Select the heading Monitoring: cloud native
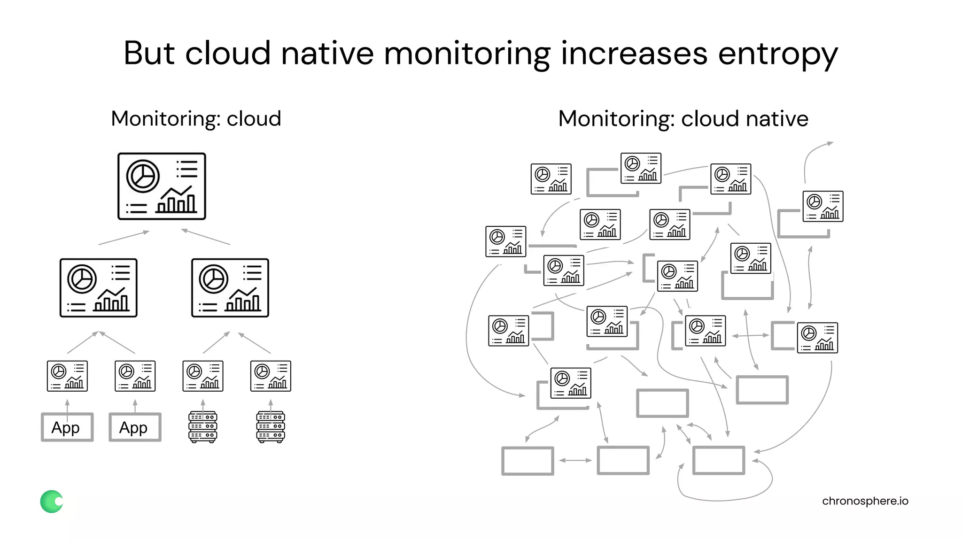click(x=683, y=118)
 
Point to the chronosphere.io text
click(x=865, y=501)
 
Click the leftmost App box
click(x=67, y=427)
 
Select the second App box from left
click(x=135, y=427)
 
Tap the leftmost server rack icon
click(x=202, y=427)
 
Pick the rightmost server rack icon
click(x=271, y=427)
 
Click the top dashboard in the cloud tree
click(x=162, y=186)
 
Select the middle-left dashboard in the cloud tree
click(x=99, y=288)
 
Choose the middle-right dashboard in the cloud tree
click(x=230, y=288)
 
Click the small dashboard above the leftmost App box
click(x=67, y=376)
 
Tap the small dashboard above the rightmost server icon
click(x=271, y=376)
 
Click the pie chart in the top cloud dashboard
click(x=143, y=176)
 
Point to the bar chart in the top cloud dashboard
click(x=176, y=201)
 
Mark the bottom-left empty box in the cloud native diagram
click(x=528, y=461)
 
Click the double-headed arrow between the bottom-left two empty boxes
click(x=575, y=461)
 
